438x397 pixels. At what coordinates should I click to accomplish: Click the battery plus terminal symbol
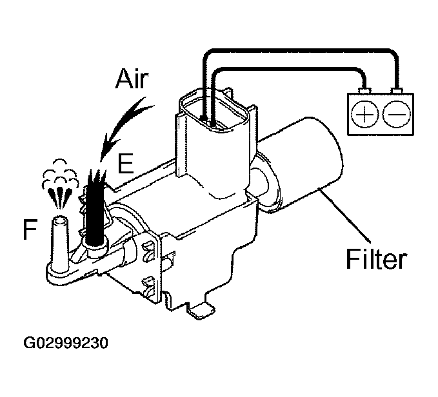[x=366, y=115]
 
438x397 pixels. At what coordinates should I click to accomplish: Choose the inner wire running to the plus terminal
[x=290, y=67]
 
